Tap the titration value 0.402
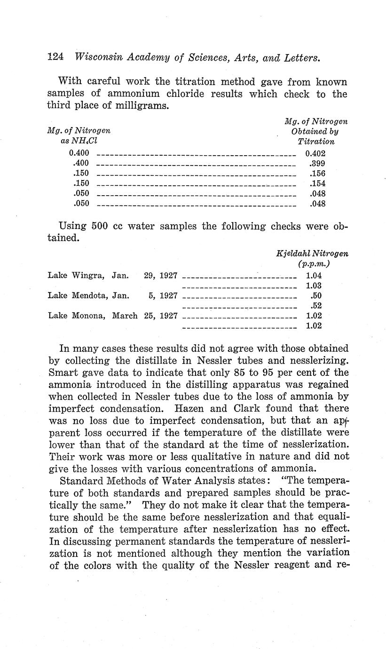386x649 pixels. click(315, 153)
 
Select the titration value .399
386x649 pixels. click(317, 163)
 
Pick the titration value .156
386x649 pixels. click(317, 173)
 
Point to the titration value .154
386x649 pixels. click(317, 183)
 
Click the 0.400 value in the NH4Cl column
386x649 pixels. click(79, 153)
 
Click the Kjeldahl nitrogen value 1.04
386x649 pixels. click(314, 276)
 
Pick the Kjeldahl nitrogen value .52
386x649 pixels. click(315, 306)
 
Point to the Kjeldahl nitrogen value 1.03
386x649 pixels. click(314, 286)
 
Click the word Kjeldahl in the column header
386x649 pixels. click(294, 253)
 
